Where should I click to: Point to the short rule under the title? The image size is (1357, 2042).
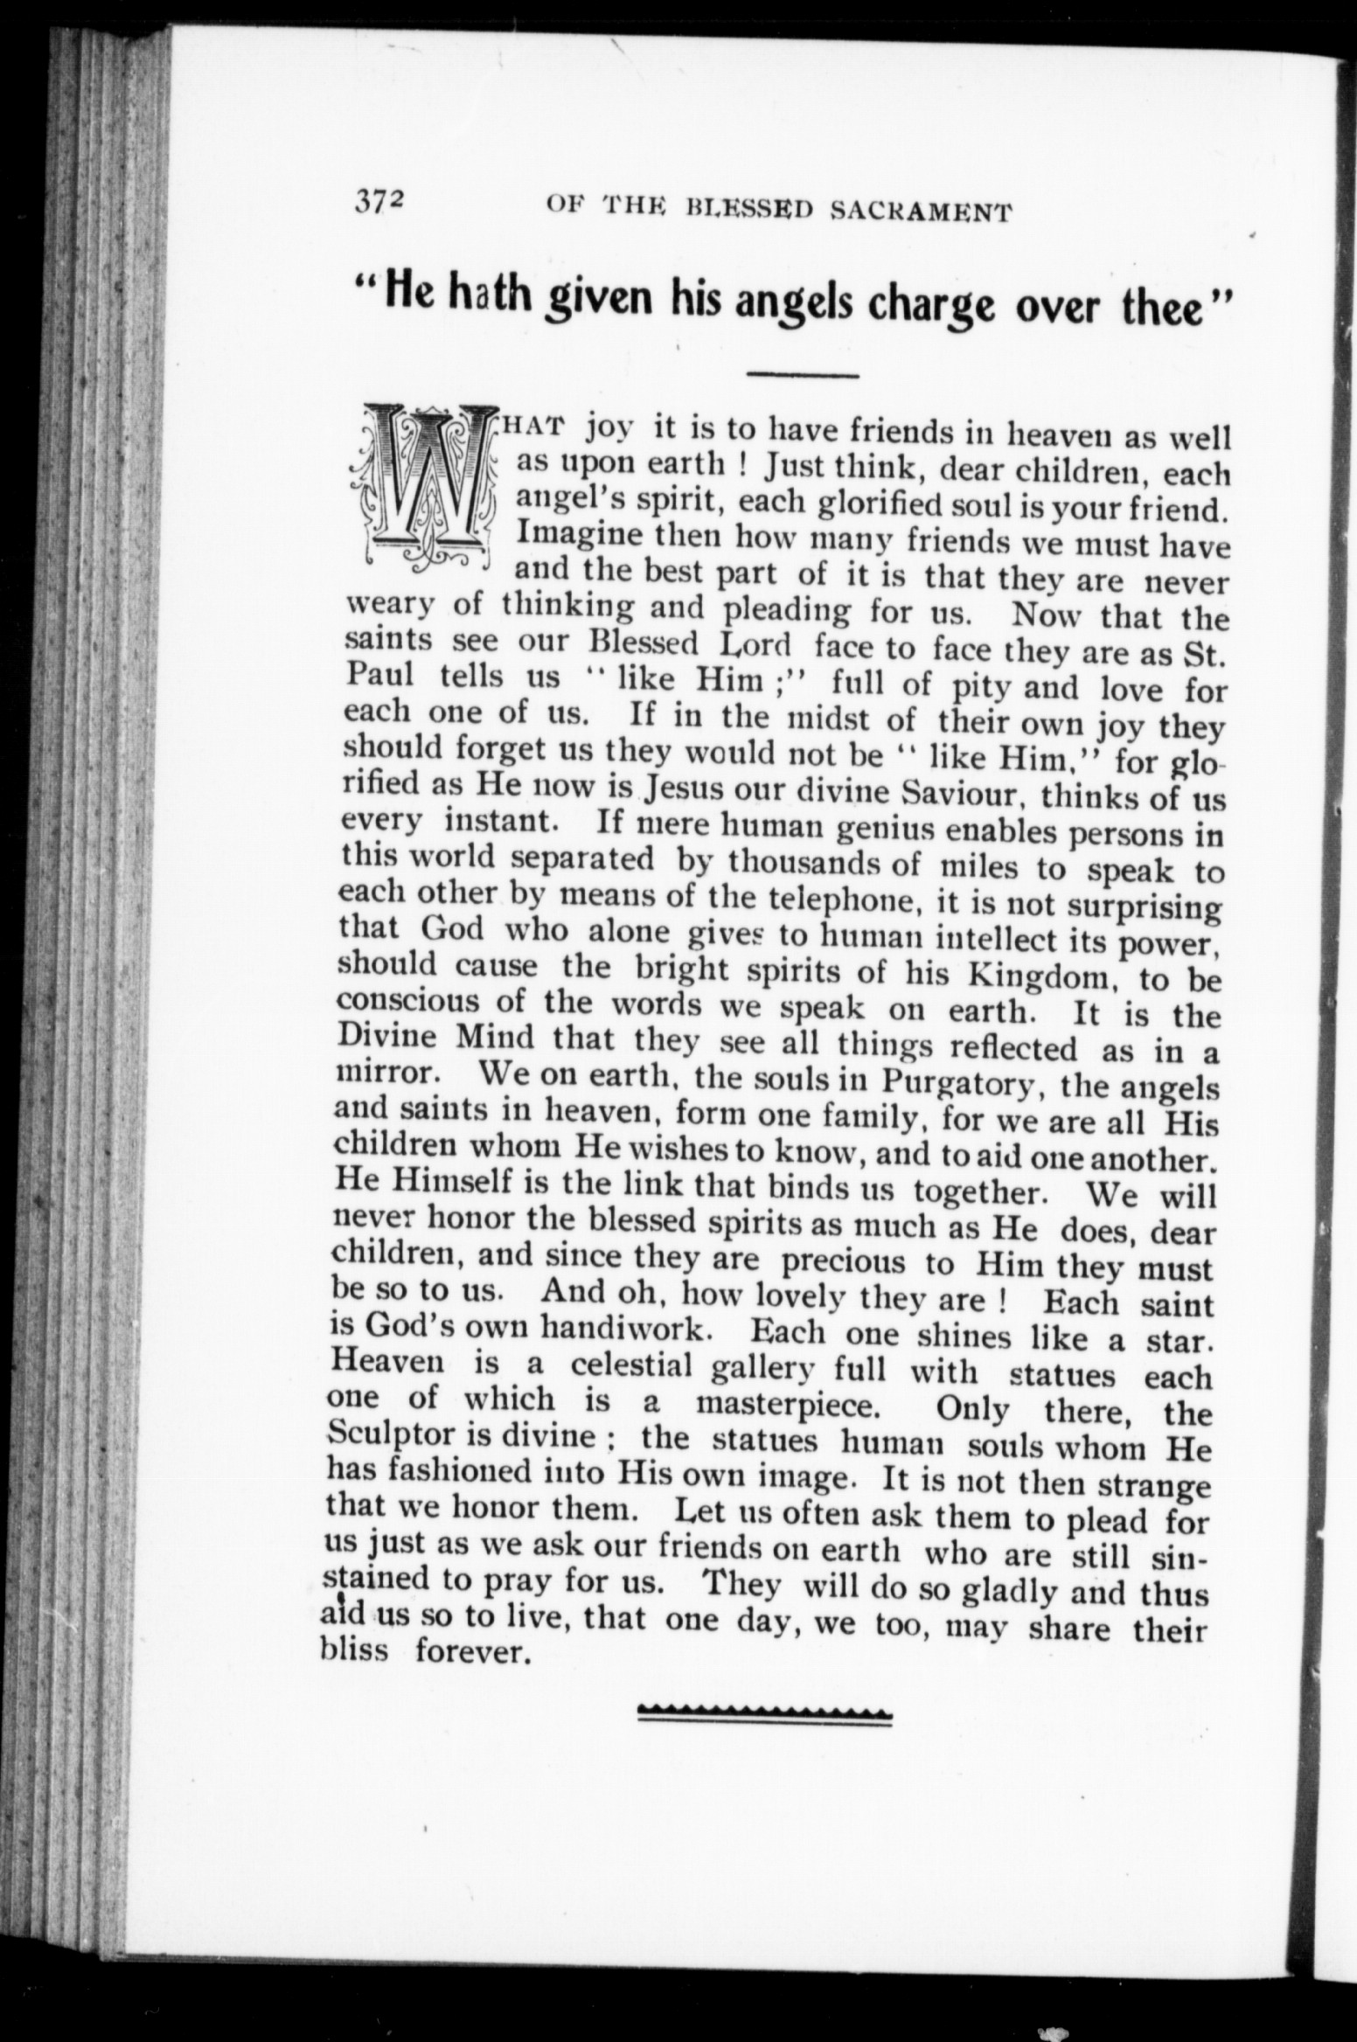803,376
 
